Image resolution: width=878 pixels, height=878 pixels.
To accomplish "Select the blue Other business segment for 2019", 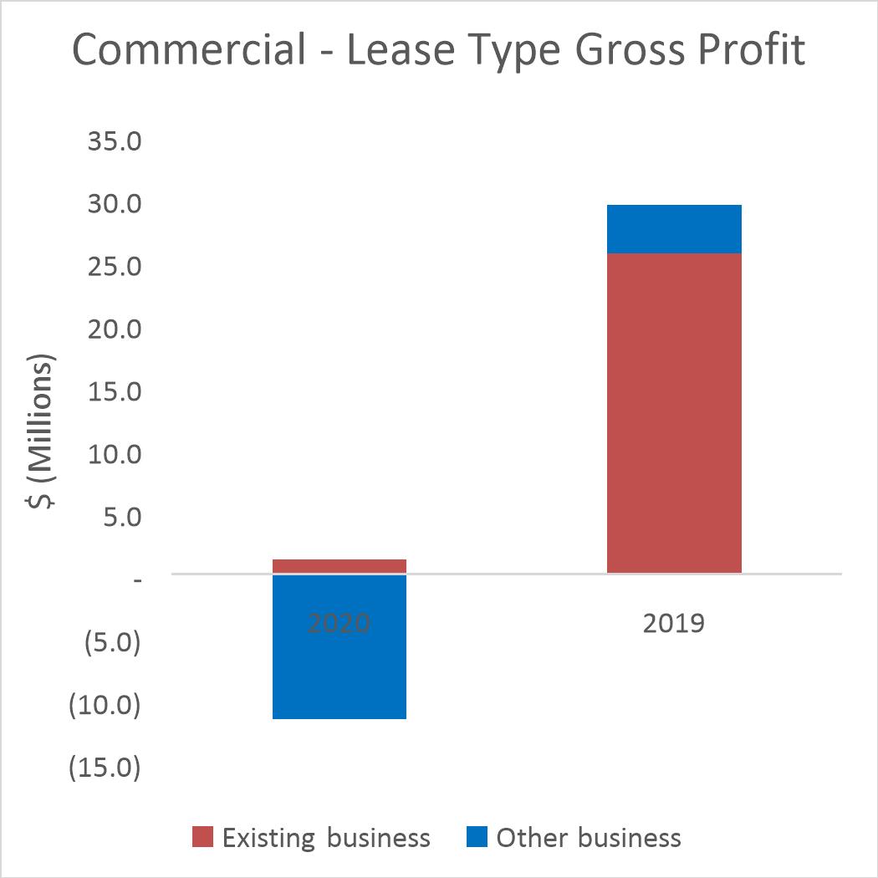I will (673, 229).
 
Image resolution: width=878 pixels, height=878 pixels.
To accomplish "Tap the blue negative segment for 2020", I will (339, 661).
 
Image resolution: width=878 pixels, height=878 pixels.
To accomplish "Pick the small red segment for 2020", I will (339, 566).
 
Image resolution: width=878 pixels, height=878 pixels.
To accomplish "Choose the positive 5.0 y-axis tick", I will (119, 518).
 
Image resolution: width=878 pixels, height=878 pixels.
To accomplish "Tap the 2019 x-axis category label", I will (674, 624).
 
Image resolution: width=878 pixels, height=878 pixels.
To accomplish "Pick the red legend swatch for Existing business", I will (203, 837).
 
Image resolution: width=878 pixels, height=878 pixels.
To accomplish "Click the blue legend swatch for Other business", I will (477, 837).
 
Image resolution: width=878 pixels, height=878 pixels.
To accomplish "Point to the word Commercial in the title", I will (189, 50).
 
